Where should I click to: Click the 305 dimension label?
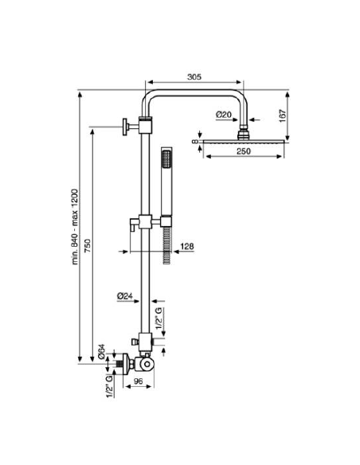click(x=194, y=76)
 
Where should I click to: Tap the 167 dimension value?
click(x=282, y=116)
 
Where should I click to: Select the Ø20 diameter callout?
click(x=224, y=115)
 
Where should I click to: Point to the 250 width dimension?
click(x=244, y=151)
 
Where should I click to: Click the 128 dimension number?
click(x=187, y=246)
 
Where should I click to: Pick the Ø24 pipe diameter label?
click(x=124, y=296)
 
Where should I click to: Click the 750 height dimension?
click(x=88, y=245)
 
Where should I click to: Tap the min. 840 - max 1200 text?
click(x=76, y=227)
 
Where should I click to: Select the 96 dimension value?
click(x=139, y=381)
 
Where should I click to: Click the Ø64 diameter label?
click(x=102, y=352)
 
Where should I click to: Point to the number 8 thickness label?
click(x=195, y=142)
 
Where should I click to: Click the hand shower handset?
click(x=166, y=186)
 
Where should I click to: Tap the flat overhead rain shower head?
click(x=244, y=141)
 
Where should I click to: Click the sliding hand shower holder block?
click(x=145, y=221)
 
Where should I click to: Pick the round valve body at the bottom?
click(x=147, y=365)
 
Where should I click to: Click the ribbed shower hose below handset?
click(x=167, y=245)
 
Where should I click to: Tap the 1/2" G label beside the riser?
click(x=159, y=318)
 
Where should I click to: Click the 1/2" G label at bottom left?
click(x=109, y=386)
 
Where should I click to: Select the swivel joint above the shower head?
click(x=244, y=132)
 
